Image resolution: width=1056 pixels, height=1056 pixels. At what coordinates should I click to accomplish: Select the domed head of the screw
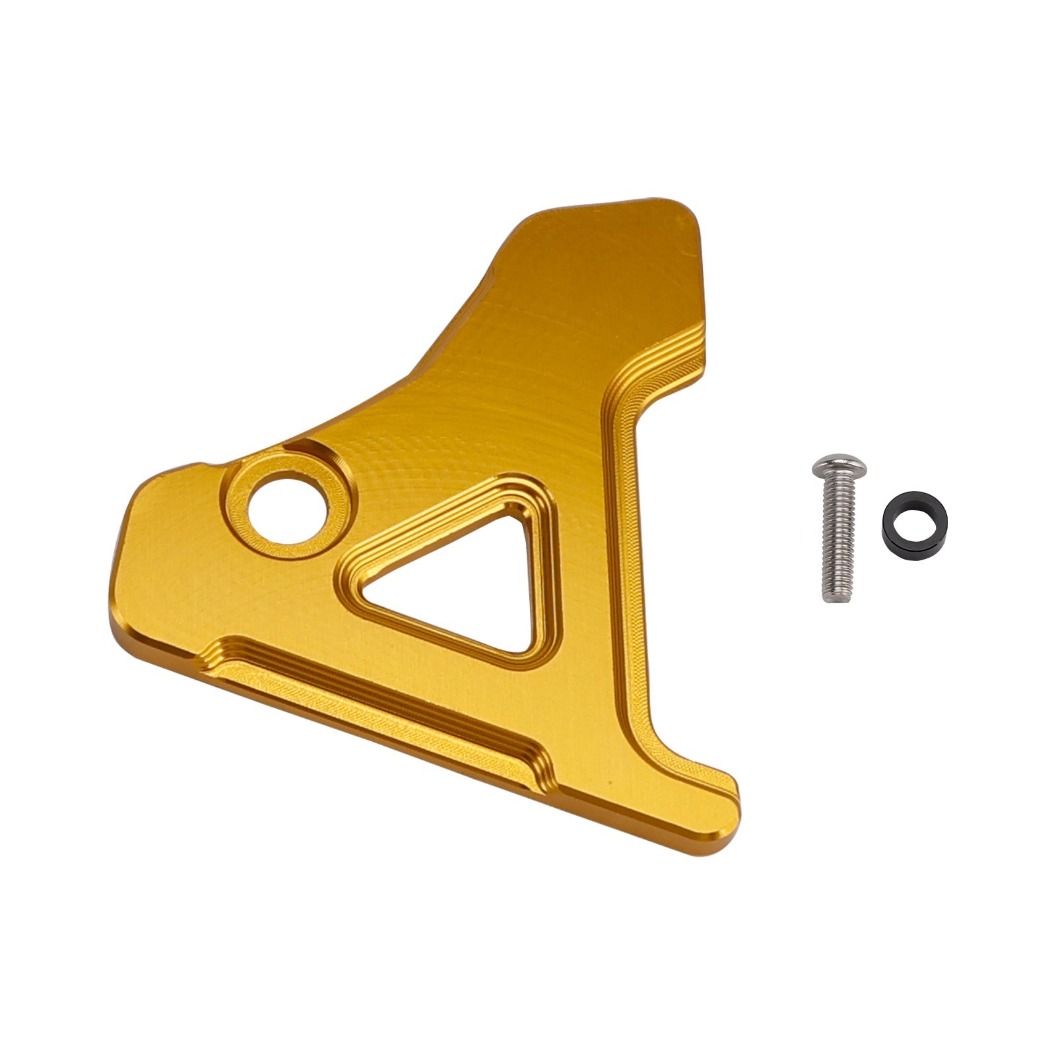pos(838,465)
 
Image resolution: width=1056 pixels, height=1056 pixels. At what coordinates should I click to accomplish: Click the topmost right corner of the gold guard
pos(680,205)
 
